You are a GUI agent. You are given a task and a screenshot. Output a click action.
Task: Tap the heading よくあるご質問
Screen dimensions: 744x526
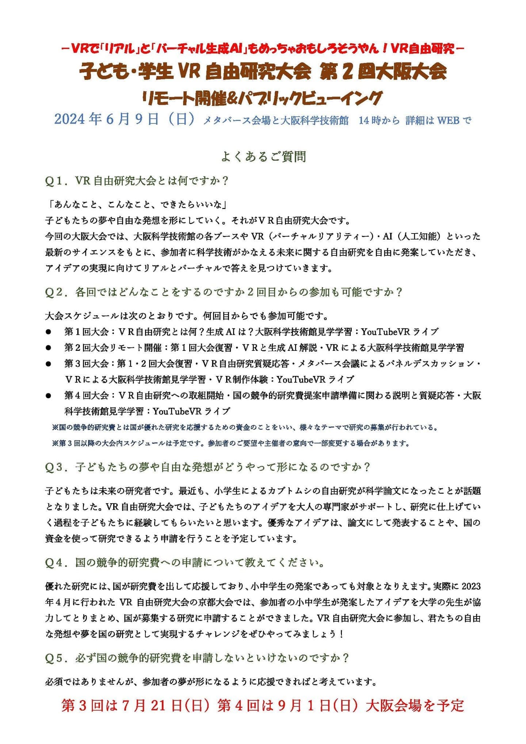(263, 156)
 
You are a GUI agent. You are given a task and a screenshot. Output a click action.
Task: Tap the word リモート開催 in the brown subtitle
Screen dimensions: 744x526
(179, 98)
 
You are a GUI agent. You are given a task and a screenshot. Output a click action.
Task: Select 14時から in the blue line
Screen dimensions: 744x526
(379, 120)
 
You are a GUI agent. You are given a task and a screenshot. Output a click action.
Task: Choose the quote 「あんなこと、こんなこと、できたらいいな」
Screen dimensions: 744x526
(137, 205)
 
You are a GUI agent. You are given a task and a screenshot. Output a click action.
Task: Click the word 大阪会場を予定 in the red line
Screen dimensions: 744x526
(415, 706)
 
